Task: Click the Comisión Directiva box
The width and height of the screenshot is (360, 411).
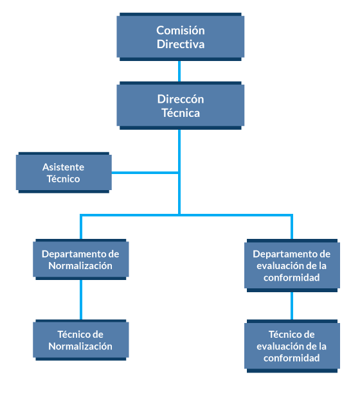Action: (x=181, y=37)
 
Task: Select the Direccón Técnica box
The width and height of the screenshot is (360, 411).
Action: (x=181, y=105)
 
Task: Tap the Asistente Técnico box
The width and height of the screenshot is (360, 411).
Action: (x=64, y=173)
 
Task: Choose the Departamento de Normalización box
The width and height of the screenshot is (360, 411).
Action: (x=81, y=259)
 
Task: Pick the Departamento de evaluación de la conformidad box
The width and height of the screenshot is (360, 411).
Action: (x=292, y=265)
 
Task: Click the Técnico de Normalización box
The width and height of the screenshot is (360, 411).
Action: (x=81, y=340)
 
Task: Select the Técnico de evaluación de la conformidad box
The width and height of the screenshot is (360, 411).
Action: (x=292, y=346)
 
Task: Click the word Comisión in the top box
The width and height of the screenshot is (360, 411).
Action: (x=181, y=30)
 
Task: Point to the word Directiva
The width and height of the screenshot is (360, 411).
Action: (x=181, y=44)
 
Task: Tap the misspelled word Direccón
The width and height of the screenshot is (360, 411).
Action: (x=181, y=99)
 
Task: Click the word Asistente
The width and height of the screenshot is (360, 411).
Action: (x=63, y=167)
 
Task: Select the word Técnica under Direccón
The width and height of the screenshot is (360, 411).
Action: (x=181, y=113)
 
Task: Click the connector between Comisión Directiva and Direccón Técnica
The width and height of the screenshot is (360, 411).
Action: (x=179, y=71)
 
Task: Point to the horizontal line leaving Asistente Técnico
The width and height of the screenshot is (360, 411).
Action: (x=145, y=173)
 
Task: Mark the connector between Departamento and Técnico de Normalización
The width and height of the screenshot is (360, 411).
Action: (x=81, y=300)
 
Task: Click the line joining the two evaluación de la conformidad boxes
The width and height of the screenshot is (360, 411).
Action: (x=292, y=306)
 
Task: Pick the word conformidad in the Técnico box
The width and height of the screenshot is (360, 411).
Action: (x=291, y=358)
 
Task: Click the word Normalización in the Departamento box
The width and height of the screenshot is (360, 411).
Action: (x=80, y=266)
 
